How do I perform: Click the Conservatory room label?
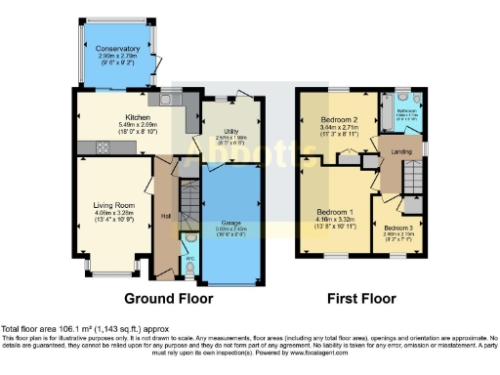coord(118,48)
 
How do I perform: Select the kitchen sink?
coord(168,99)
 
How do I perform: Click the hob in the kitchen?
coord(97,147)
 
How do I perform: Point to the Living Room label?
coord(113,205)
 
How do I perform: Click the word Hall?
coord(166,216)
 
